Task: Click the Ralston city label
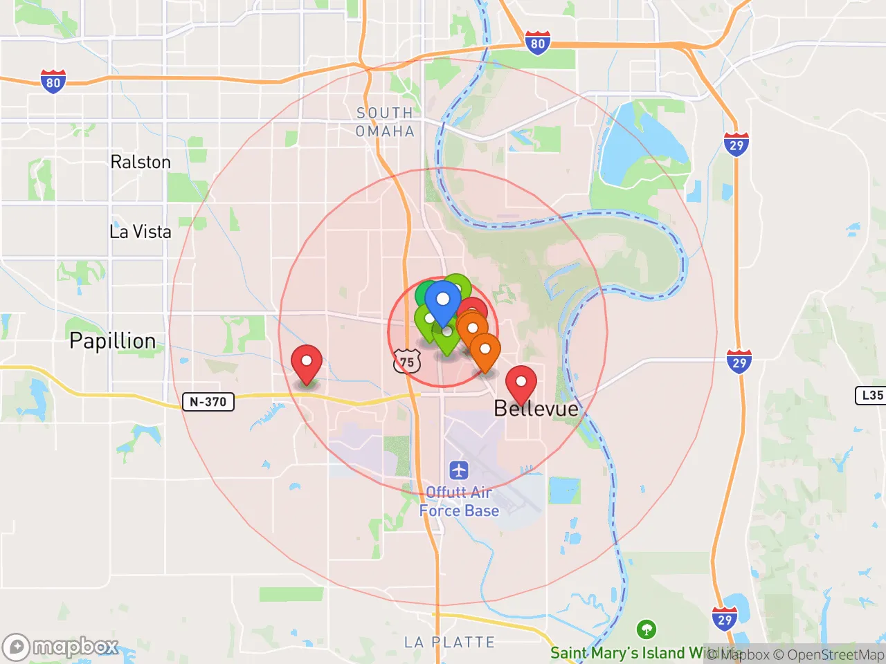pyautogui.click(x=141, y=162)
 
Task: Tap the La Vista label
pyautogui.click(x=141, y=231)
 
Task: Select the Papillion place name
pyautogui.click(x=113, y=340)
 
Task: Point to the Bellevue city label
pyautogui.click(x=536, y=408)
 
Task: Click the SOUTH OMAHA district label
pyautogui.click(x=385, y=122)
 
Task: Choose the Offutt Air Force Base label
pyautogui.click(x=459, y=501)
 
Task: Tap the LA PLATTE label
pyautogui.click(x=450, y=642)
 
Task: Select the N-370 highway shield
pyautogui.click(x=208, y=401)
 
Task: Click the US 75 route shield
pyautogui.click(x=407, y=362)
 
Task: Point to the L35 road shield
pyautogui.click(x=871, y=395)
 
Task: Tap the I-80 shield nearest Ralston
pyautogui.click(x=53, y=82)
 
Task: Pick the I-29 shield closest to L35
pyautogui.click(x=739, y=362)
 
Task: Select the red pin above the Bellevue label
pyautogui.click(x=521, y=382)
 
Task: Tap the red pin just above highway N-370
pyautogui.click(x=306, y=362)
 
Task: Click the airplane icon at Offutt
pyautogui.click(x=459, y=471)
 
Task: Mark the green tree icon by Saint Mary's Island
pyautogui.click(x=647, y=629)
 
